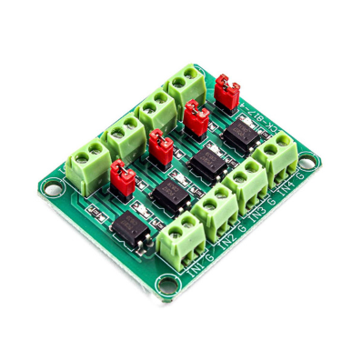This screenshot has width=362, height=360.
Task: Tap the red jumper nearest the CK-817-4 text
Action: click(x=227, y=91)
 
